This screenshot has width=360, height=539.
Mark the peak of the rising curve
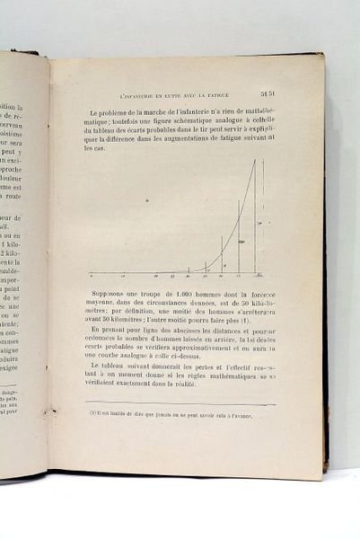pyautogui.click(x=254, y=161)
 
